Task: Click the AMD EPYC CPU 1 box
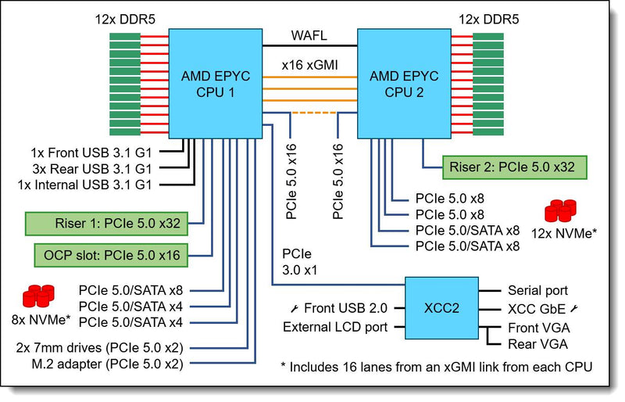[216, 84]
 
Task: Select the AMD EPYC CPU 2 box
[404, 84]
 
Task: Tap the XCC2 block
[441, 308]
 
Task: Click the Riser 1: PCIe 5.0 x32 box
[106, 224]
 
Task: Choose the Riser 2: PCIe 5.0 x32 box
[515, 167]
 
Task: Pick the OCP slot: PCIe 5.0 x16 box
[111, 255]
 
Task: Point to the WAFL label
[309, 35]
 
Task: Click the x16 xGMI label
[309, 65]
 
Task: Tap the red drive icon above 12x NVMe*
[560, 210]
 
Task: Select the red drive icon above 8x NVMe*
[38, 296]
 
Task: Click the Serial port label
[537, 291]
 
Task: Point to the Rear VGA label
[537, 344]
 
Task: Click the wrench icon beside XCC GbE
[574, 309]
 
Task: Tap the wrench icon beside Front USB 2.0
[295, 308]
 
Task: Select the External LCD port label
[335, 328]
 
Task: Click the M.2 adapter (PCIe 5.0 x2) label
[108, 364]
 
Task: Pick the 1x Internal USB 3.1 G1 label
[85, 185]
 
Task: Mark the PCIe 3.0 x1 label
[300, 262]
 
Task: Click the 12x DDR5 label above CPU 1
[125, 20]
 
